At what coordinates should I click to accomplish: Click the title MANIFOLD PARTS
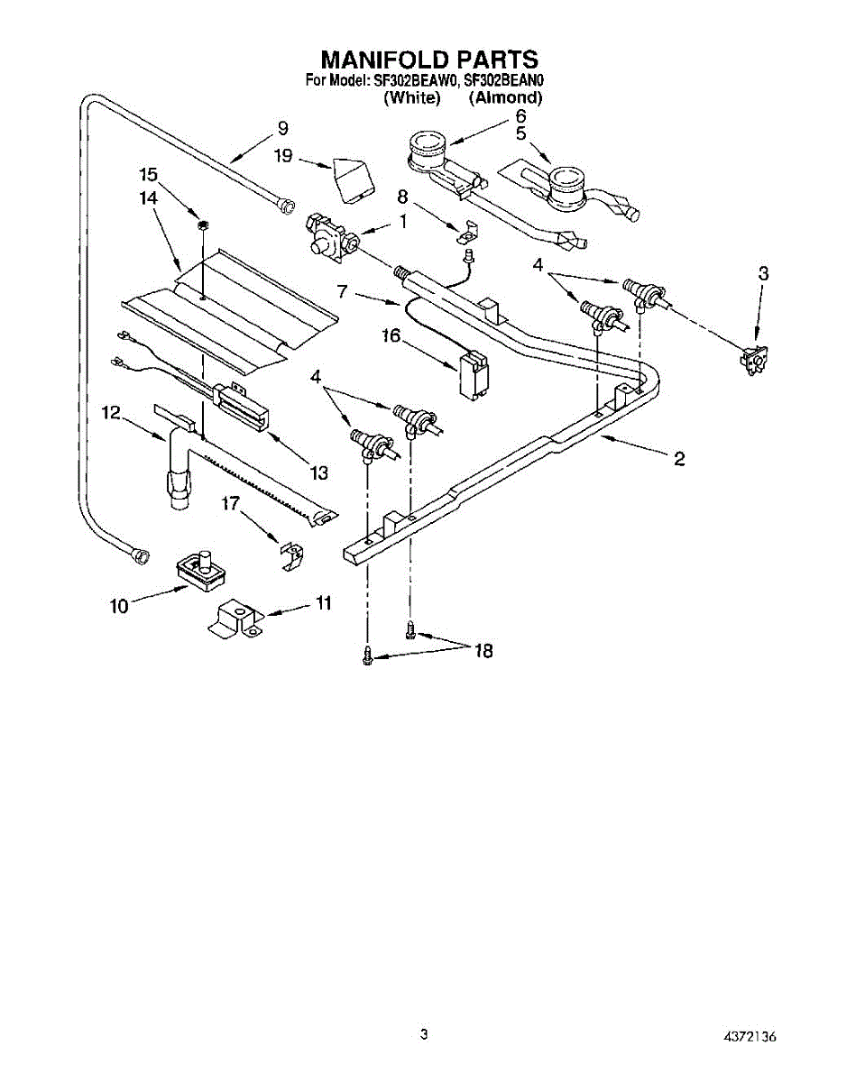(x=429, y=60)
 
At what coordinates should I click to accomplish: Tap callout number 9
(x=282, y=127)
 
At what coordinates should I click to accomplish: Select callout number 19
(x=283, y=156)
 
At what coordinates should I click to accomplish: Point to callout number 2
(x=678, y=459)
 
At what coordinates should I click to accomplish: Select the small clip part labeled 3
(x=750, y=360)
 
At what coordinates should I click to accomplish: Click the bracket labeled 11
(x=235, y=620)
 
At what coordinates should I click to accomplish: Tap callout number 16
(x=390, y=336)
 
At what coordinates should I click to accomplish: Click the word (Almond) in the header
(x=505, y=97)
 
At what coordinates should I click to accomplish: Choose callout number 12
(x=111, y=412)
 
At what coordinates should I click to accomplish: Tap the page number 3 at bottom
(x=423, y=1034)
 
